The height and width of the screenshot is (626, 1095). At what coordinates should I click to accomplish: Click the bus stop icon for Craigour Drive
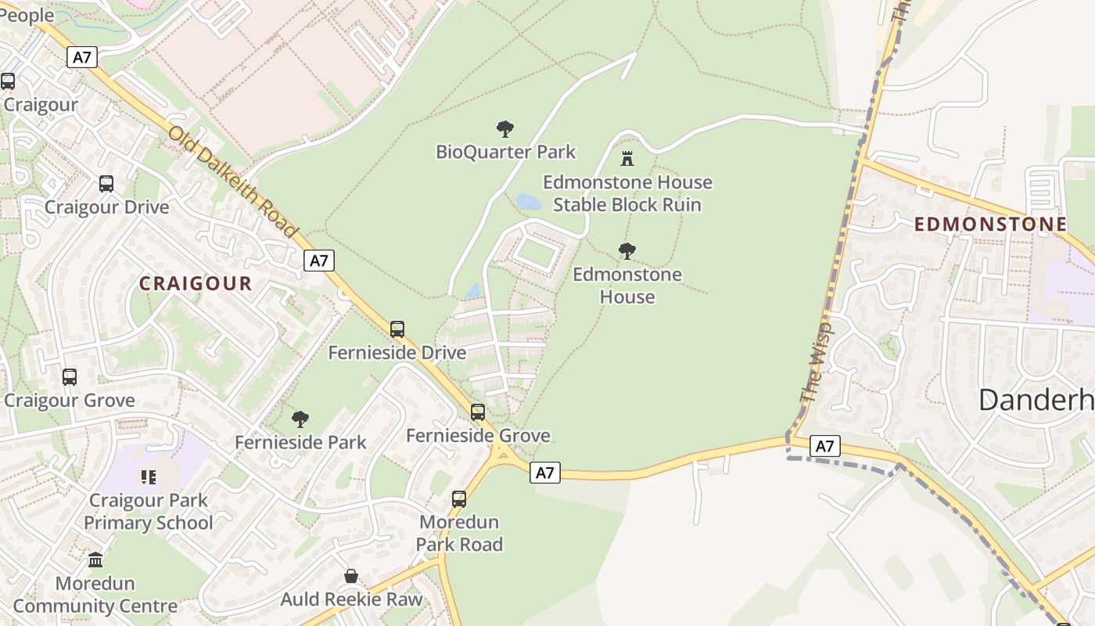pos(106,184)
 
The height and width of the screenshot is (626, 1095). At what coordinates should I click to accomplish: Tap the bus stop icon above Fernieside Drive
pos(397,329)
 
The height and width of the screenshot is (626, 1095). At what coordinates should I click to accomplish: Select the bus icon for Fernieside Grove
pos(478,412)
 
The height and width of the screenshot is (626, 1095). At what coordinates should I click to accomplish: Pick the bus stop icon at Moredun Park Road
pos(459,498)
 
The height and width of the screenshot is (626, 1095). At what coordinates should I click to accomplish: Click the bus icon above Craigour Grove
pos(70,377)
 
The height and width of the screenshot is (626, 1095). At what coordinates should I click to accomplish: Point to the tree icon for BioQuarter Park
pos(505,128)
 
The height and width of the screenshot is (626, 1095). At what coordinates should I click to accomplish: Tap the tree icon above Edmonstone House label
pos(626,251)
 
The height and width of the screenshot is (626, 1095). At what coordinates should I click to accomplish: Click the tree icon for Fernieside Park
pos(300,419)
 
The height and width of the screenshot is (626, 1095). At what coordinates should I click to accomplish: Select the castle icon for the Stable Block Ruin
pos(626,159)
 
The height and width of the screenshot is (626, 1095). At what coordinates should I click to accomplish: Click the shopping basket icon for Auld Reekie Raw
pos(351,577)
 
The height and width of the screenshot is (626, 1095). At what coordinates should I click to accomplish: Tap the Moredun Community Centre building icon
pos(95,560)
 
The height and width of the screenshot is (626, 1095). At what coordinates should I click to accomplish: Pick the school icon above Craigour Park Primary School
pos(148,477)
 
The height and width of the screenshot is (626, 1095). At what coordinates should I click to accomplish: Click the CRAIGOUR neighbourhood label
pos(196,283)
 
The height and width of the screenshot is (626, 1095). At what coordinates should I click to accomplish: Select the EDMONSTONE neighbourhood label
pos(990,225)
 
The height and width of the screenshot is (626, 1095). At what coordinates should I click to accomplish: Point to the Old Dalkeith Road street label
pos(233,182)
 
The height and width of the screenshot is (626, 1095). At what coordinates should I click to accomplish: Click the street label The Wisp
pos(816,361)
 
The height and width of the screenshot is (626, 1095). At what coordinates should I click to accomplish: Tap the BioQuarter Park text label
pos(505,152)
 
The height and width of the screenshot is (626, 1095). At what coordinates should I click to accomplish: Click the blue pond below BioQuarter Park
pos(528,202)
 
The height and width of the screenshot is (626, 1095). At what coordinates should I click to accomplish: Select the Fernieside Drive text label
pos(397,353)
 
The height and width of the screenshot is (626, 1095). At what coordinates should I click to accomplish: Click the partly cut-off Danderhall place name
pos(1036,400)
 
